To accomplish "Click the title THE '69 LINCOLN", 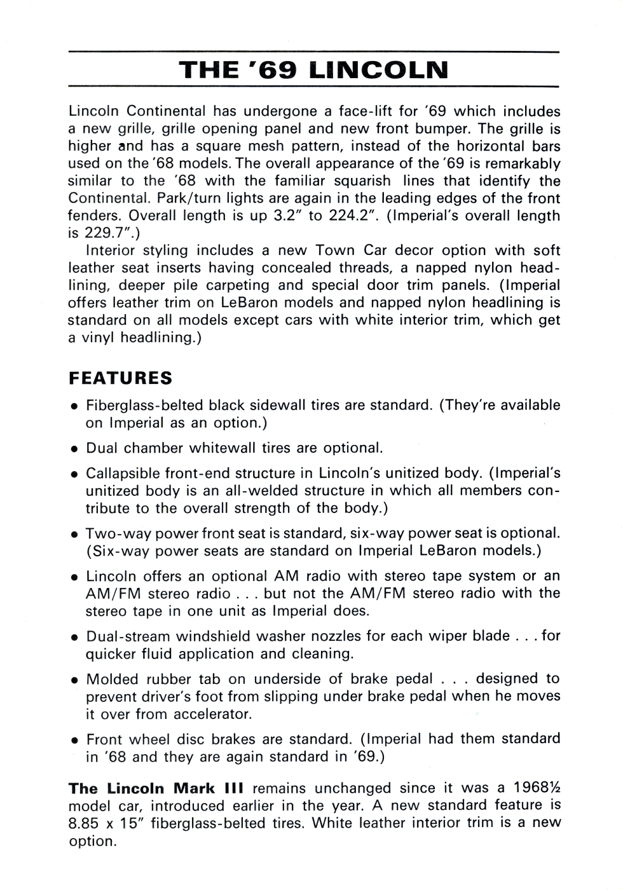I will tap(313, 70).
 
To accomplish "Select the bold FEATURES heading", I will tap(120, 378).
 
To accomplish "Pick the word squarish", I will tap(360, 181).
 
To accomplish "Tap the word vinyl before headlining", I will tap(99, 338).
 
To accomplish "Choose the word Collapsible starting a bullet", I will tap(123, 474).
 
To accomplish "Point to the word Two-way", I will tap(114, 533).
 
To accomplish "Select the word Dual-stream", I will tap(128, 636).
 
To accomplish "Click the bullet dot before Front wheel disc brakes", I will tap(74, 741).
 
